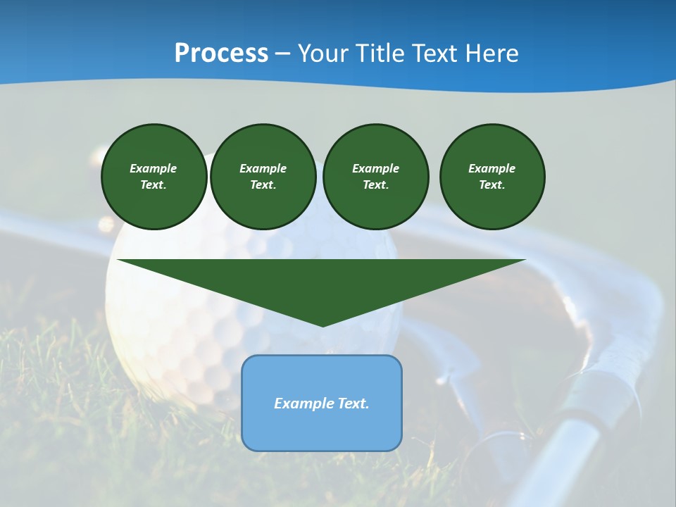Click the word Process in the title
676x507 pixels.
pos(221,54)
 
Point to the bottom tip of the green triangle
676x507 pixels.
pos(323,325)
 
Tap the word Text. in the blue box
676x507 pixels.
pos(352,403)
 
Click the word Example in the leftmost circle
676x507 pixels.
pos(154,168)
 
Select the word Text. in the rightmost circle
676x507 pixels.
pos(492,184)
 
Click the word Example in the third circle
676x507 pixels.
pos(375,168)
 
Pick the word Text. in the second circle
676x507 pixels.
pos(263,184)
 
